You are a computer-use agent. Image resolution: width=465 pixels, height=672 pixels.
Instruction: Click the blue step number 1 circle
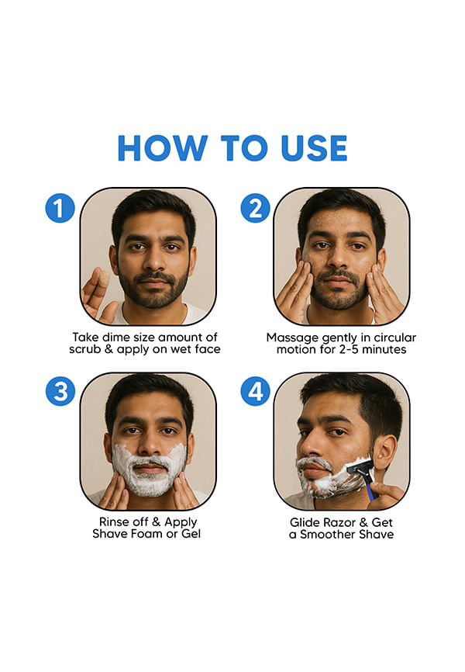tap(60, 208)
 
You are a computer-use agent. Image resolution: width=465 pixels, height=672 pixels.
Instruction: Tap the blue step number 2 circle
tap(256, 208)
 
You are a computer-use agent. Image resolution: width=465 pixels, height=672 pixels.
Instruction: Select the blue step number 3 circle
tap(60, 391)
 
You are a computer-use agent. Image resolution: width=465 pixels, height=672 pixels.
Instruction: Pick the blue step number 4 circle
tap(256, 391)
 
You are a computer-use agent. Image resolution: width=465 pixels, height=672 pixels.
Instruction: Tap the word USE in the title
tap(314, 148)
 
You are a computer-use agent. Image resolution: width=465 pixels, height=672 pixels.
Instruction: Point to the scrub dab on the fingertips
tap(103, 279)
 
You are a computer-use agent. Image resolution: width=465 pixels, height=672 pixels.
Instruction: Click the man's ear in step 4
tap(384, 452)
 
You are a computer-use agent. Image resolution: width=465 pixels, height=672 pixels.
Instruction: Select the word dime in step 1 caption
tap(115, 338)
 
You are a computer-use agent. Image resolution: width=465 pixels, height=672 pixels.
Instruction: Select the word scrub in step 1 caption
tap(85, 349)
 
